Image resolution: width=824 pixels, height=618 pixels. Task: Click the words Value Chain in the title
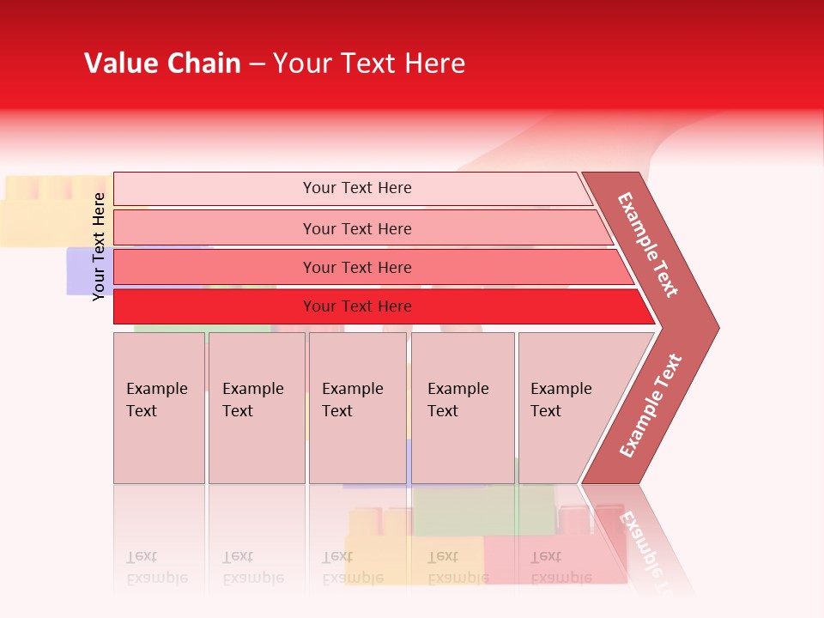click(162, 64)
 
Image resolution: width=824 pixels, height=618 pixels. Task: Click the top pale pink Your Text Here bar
click(356, 188)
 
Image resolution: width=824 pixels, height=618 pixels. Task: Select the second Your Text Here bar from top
click(356, 228)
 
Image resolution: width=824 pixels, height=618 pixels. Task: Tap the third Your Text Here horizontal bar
click(356, 267)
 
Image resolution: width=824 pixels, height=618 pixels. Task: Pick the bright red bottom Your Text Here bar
click(356, 306)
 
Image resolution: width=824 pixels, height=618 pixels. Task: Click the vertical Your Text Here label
click(99, 246)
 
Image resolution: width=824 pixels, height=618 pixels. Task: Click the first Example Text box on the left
click(159, 408)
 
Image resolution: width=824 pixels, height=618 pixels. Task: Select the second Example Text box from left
click(256, 408)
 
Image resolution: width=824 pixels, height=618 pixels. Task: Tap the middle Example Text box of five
click(357, 408)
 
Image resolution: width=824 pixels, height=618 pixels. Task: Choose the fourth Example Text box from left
click(463, 408)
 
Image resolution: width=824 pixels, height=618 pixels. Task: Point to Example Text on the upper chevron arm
click(648, 245)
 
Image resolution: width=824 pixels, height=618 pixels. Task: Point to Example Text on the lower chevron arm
click(651, 405)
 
